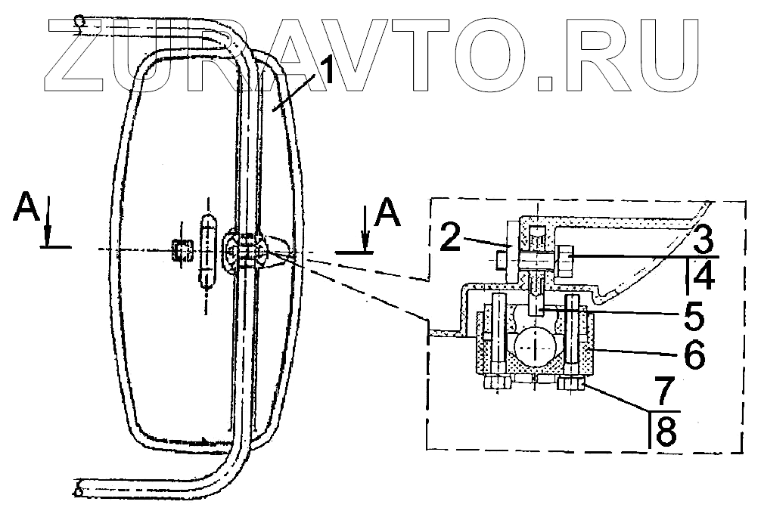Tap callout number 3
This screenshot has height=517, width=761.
click(x=702, y=239)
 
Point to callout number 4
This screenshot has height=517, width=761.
click(x=703, y=278)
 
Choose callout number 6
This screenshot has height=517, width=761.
click(x=695, y=353)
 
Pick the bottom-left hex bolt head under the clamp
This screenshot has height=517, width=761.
click(x=498, y=385)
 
